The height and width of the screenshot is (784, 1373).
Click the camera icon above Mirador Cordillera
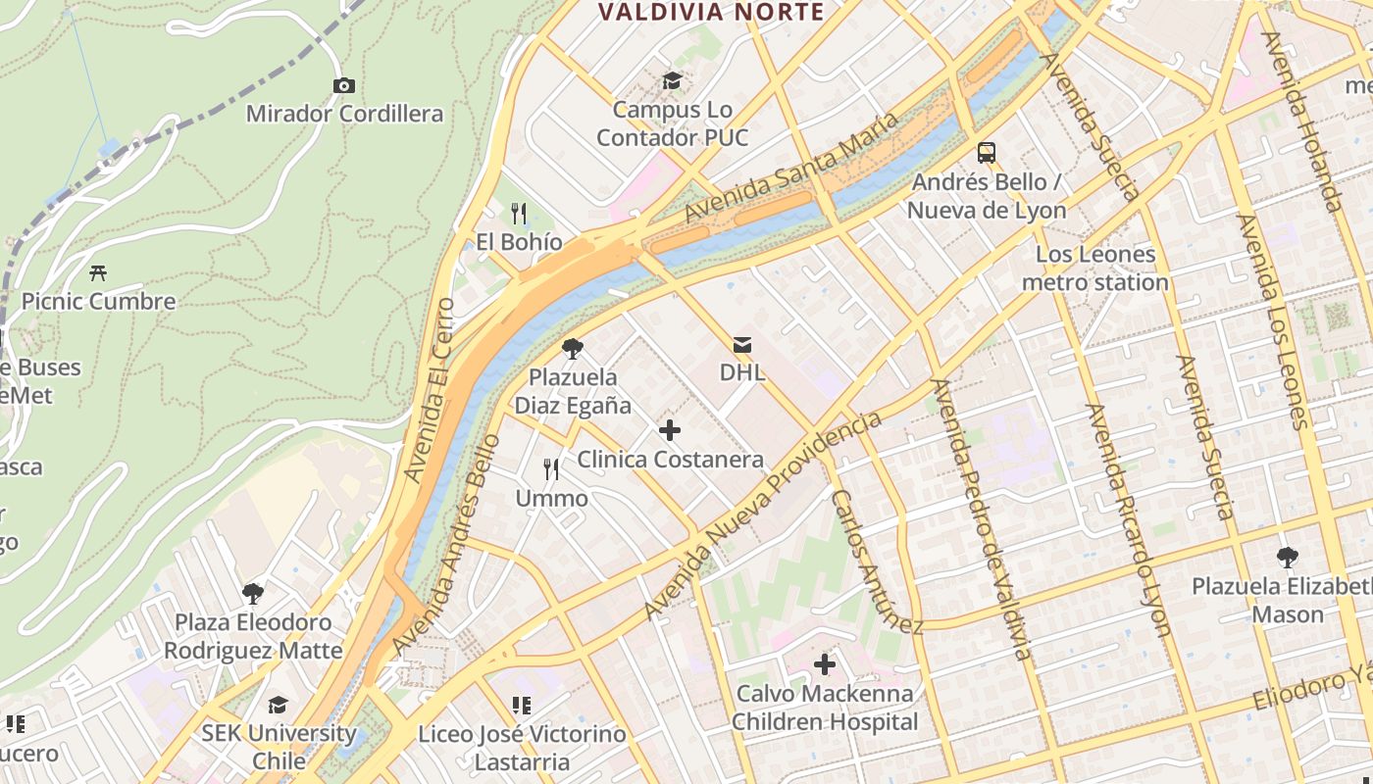[x=343, y=86]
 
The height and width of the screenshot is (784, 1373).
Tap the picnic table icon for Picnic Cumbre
[x=98, y=272]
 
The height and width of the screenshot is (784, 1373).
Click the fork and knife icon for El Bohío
[x=519, y=213]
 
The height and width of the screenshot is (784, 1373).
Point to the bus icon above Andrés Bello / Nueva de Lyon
[x=987, y=153]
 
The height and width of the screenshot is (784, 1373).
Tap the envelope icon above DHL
[x=742, y=345]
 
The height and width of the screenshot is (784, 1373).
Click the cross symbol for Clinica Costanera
[x=670, y=430]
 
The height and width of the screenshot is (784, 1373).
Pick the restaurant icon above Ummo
[x=551, y=469]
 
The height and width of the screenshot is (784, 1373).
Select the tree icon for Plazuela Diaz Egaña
[x=573, y=348]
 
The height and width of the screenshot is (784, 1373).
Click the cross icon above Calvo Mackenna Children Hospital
[x=825, y=664]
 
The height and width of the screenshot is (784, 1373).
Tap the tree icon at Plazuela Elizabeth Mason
[x=1288, y=558]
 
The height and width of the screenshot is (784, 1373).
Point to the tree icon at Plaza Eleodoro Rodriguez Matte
[x=253, y=593]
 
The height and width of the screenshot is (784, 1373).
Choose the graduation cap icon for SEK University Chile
[x=279, y=705]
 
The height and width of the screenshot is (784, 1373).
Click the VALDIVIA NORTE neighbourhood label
[x=711, y=13]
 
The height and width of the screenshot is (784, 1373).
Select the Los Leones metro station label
[x=1095, y=269]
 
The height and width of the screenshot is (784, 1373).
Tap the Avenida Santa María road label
[x=790, y=168]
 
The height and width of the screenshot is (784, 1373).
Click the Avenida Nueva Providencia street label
[x=762, y=515]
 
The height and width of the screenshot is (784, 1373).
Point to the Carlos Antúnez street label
[x=877, y=561]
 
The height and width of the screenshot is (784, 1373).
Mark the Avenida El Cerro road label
[x=432, y=389]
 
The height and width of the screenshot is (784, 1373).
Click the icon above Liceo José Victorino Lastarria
[x=522, y=706]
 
